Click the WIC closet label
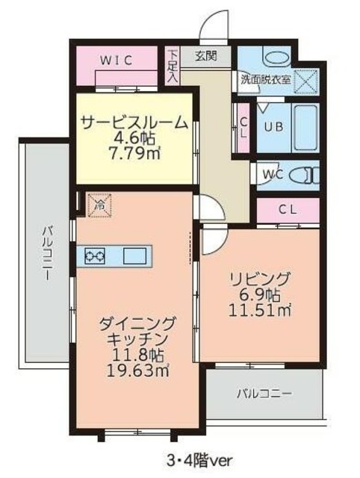[x=118, y=61]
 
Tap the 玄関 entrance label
[x=205, y=55]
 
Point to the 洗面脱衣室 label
[x=264, y=78]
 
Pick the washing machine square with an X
[x=305, y=79]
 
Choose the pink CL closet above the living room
[x=288, y=210]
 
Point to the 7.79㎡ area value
[x=134, y=154]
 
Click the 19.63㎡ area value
[x=137, y=369]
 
